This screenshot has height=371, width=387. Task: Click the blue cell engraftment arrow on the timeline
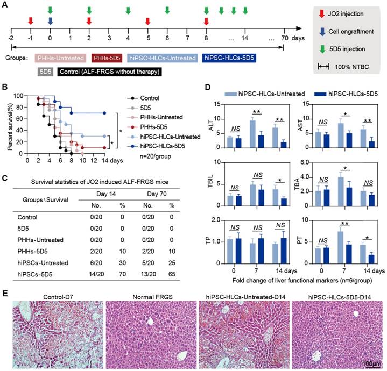point(50,21)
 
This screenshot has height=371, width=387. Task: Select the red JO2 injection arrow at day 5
point(147,21)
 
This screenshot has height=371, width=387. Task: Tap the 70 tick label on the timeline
point(284,39)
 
